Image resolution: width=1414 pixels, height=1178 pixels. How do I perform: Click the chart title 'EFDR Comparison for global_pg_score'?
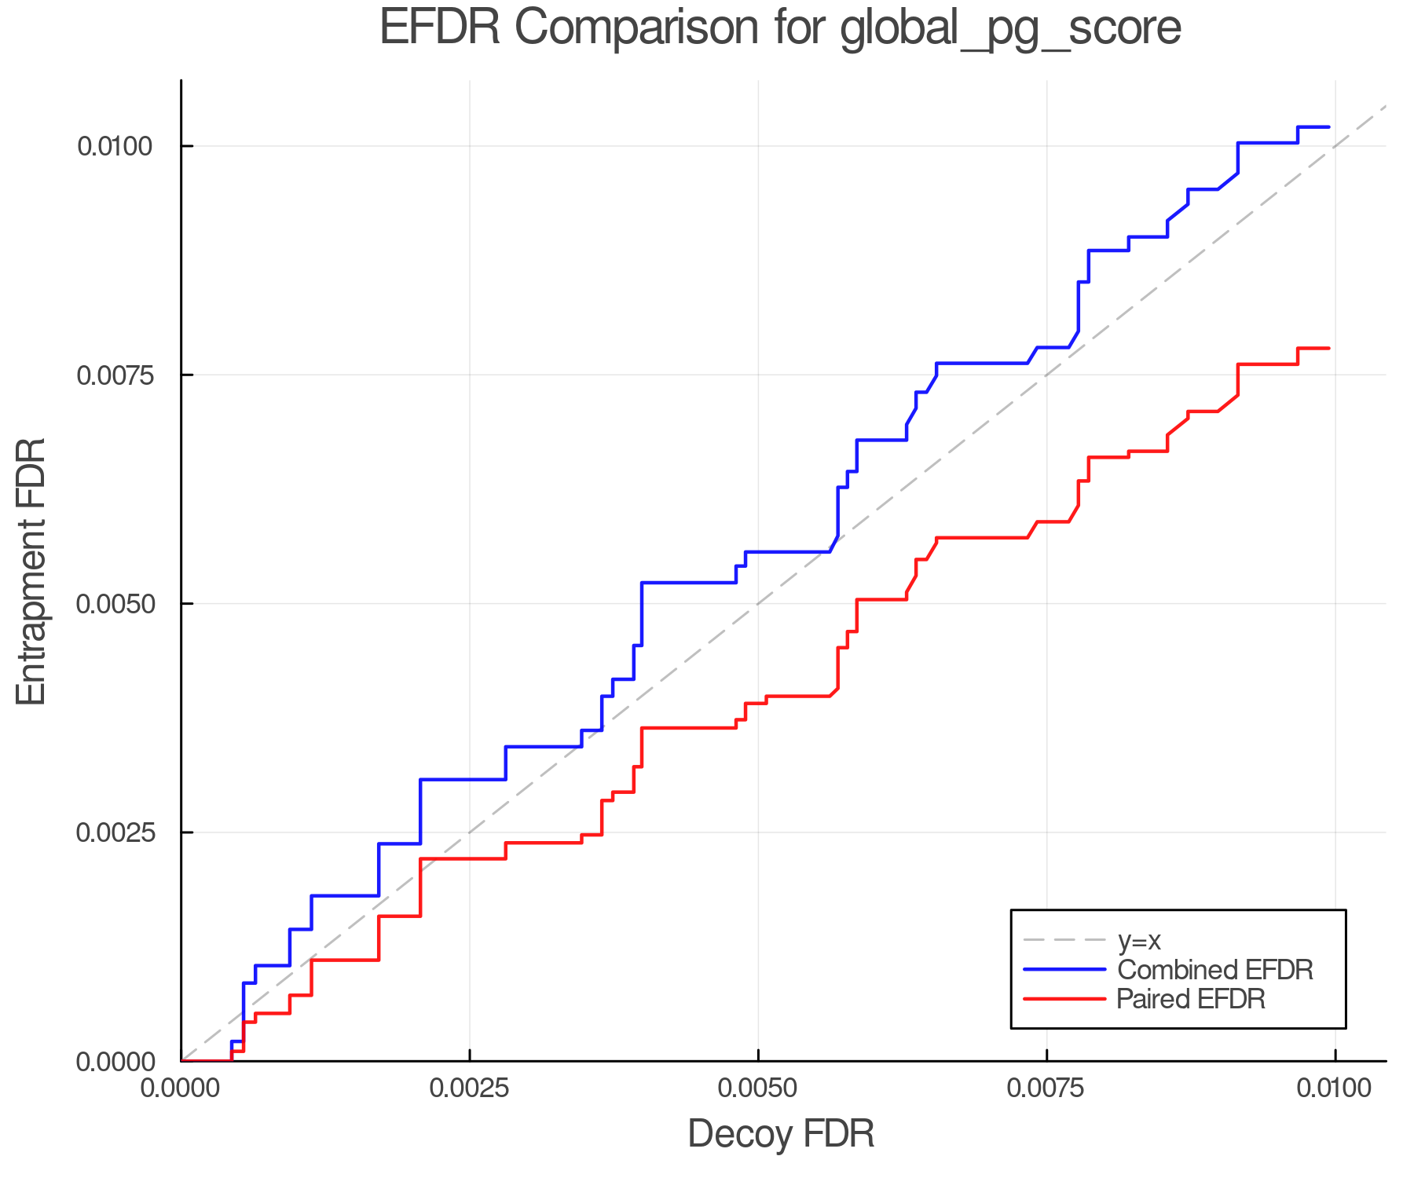[x=780, y=28]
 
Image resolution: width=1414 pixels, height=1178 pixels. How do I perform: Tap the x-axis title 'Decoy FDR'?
[x=781, y=1134]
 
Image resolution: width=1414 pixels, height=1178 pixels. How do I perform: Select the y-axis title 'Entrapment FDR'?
[x=31, y=571]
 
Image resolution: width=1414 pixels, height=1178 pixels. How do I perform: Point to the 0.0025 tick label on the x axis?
[x=469, y=1088]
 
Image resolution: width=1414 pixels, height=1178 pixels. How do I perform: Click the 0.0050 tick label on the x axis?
[x=758, y=1088]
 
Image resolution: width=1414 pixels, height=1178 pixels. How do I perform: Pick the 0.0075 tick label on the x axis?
[x=1046, y=1088]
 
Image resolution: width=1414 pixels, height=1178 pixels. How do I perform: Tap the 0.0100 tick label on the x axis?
[x=1335, y=1088]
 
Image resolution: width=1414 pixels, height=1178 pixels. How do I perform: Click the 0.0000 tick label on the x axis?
[x=181, y=1088]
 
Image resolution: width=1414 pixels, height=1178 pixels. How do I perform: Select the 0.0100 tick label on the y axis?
[x=114, y=146]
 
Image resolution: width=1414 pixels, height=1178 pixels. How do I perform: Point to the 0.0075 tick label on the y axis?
[x=114, y=375]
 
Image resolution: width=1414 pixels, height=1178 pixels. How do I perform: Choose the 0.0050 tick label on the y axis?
[x=114, y=604]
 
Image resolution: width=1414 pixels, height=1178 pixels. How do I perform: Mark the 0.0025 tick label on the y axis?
[x=114, y=832]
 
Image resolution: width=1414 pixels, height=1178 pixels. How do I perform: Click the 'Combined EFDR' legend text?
[x=1214, y=970]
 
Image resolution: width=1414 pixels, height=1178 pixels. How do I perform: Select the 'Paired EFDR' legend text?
[x=1191, y=999]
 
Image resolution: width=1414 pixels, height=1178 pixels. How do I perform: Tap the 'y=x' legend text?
[x=1139, y=940]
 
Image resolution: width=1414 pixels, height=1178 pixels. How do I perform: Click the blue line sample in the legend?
[x=1064, y=970]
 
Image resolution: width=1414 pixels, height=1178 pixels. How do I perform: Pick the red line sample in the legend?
[x=1064, y=999]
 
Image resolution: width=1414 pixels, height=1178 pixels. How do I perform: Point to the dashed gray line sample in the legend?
[x=1064, y=940]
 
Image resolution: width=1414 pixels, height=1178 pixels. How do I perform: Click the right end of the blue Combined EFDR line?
[x=1328, y=126]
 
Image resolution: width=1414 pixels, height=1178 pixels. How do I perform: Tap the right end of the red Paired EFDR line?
[x=1328, y=348]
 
